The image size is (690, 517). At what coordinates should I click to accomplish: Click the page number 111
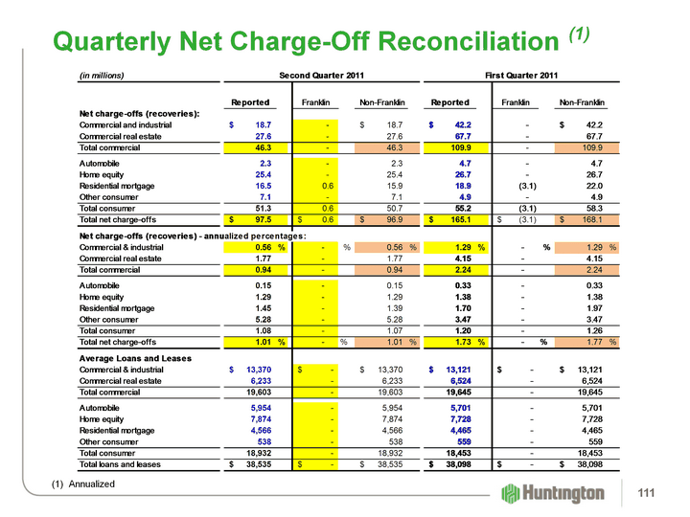coord(657,491)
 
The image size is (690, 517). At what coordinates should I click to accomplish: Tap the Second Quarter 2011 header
coord(319,75)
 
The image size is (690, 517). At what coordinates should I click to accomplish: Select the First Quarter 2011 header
coord(521,75)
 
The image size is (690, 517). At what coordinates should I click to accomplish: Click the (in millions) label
coord(102,75)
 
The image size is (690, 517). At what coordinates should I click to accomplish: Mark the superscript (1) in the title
coord(578,34)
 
